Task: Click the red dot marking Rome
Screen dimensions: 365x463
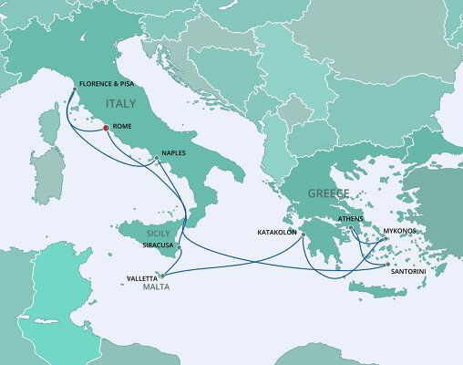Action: (106, 128)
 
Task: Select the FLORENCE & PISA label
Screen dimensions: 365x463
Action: (108, 85)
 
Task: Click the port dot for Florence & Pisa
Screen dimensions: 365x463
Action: (73, 89)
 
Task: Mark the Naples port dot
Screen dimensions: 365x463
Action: (157, 159)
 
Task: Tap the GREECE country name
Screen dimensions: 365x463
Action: (329, 193)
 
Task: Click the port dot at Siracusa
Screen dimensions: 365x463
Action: (180, 248)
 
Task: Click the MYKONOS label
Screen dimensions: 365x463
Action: (400, 231)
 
